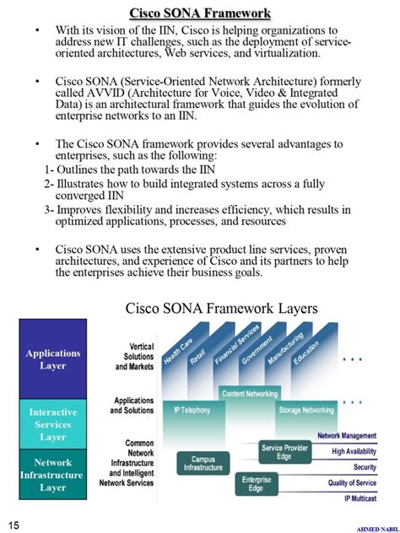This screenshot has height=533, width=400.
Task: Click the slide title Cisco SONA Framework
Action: tap(200, 13)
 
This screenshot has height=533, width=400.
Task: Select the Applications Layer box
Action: tap(53, 359)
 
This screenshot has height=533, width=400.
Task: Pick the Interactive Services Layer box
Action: tap(53, 424)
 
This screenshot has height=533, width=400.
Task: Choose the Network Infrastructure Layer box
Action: tap(53, 475)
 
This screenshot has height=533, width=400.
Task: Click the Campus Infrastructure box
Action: tap(203, 463)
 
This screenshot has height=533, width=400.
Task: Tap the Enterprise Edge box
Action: tap(256, 483)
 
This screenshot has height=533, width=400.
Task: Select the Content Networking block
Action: tap(250, 393)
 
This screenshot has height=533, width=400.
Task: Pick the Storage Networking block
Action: tap(305, 410)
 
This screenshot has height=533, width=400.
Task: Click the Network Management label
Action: tap(346, 436)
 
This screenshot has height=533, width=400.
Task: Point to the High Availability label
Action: tap(354, 451)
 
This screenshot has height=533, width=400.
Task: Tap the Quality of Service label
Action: tap(352, 483)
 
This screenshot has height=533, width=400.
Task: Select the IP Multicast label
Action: tap(360, 499)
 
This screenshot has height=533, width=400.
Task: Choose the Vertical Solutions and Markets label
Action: tap(128, 357)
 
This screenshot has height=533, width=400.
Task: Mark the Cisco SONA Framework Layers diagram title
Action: tap(221, 309)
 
